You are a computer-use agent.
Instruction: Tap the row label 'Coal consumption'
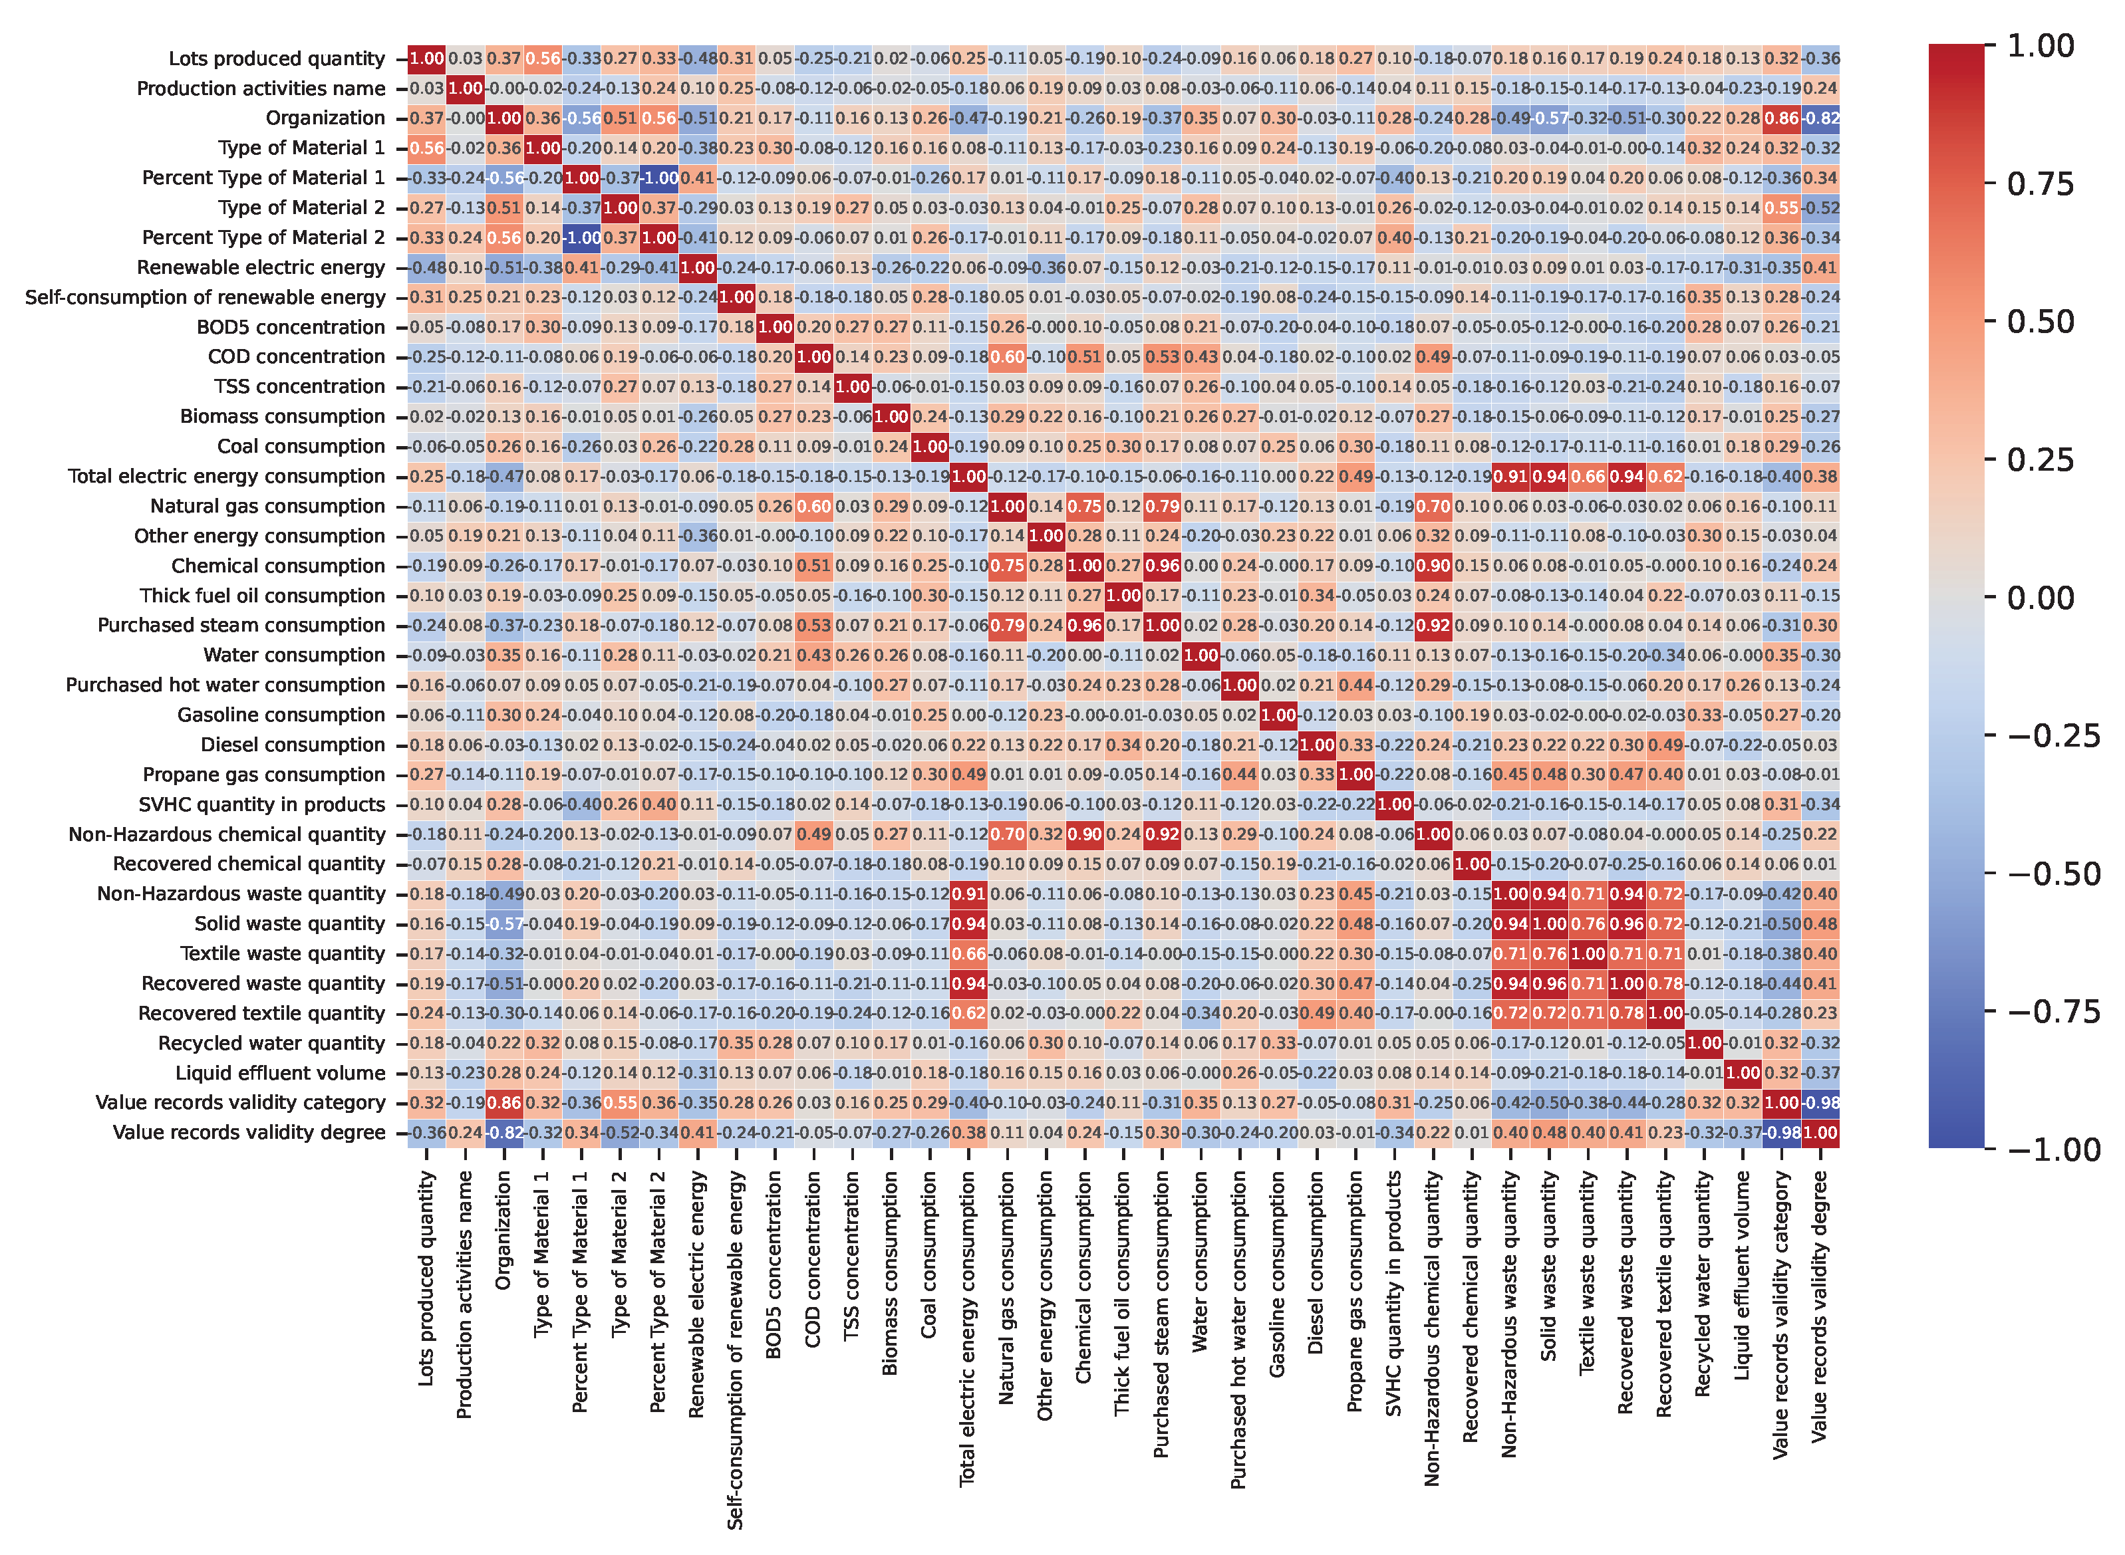tap(301, 446)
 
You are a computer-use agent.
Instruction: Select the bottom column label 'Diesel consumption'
tap(1316, 1263)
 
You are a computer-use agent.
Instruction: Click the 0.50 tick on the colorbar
tap(2041, 322)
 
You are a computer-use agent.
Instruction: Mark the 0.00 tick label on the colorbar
tap(2041, 598)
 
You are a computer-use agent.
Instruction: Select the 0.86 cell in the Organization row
tap(1780, 118)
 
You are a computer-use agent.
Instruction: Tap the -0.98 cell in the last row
tap(1780, 1132)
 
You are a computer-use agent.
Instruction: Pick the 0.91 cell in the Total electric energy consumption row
tap(1510, 476)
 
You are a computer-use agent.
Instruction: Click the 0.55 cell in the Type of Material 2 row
tap(1780, 208)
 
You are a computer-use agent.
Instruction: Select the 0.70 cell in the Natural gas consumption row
tap(1433, 507)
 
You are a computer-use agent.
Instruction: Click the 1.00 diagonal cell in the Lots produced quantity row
tap(426, 59)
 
